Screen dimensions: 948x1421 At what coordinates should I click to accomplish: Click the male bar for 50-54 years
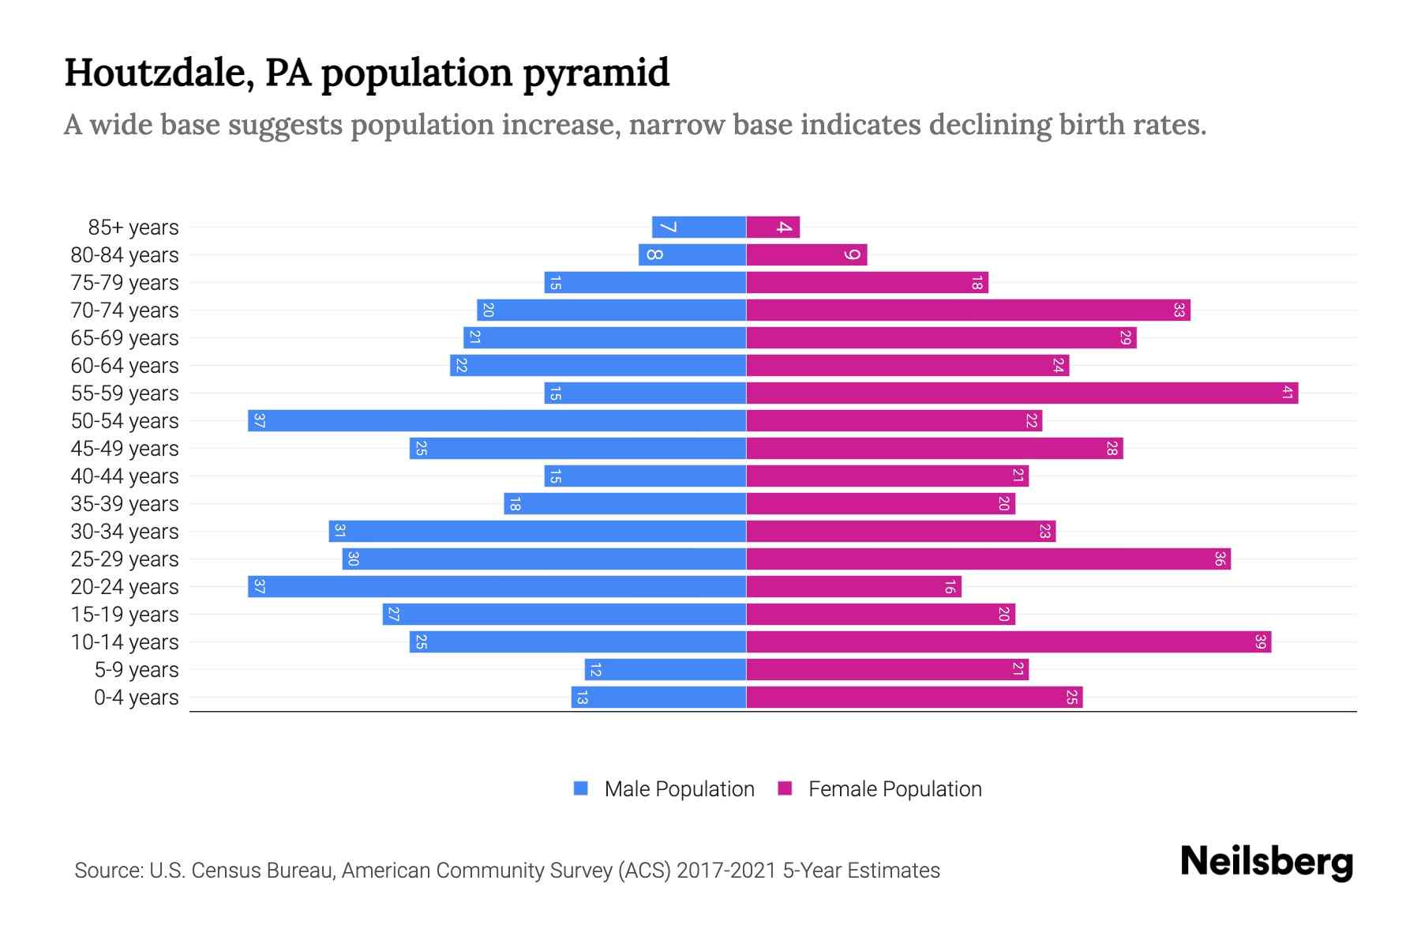pyautogui.click(x=497, y=420)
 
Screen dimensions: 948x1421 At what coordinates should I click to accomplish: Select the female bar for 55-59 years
pyautogui.click(x=1022, y=393)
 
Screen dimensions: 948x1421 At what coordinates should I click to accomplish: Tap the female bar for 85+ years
pyautogui.click(x=773, y=227)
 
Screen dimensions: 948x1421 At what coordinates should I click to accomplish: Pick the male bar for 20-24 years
pyautogui.click(x=497, y=586)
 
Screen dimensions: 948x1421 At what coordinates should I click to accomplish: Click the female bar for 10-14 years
pyautogui.click(x=1008, y=641)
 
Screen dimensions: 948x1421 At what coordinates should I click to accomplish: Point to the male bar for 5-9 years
pyautogui.click(x=666, y=669)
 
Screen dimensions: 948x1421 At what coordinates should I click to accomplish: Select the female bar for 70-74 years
pyautogui.click(x=968, y=310)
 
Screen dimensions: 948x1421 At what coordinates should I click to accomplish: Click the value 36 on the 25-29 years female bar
pyautogui.click(x=1220, y=559)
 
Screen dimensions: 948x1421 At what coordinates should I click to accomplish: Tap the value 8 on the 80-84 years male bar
pyautogui.click(x=654, y=254)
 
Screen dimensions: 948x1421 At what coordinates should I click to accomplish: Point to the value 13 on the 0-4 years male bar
pyautogui.click(x=582, y=698)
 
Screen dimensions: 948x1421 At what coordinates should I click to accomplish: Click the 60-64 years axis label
pyautogui.click(x=125, y=366)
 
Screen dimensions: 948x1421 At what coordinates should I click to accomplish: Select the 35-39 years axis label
pyautogui.click(x=125, y=504)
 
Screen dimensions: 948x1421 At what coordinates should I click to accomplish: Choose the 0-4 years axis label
pyautogui.click(x=136, y=698)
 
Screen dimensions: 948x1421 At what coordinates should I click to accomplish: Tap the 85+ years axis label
pyautogui.click(x=133, y=228)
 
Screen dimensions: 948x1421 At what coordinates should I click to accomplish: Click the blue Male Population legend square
pyautogui.click(x=581, y=788)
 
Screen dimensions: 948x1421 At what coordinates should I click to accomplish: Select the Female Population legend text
pyautogui.click(x=894, y=789)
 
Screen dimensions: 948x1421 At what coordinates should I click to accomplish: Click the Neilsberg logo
pyautogui.click(x=1266, y=862)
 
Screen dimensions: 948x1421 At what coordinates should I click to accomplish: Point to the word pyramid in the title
pyautogui.click(x=596, y=73)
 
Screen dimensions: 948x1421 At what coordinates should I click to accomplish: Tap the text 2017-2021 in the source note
pyautogui.click(x=726, y=871)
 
